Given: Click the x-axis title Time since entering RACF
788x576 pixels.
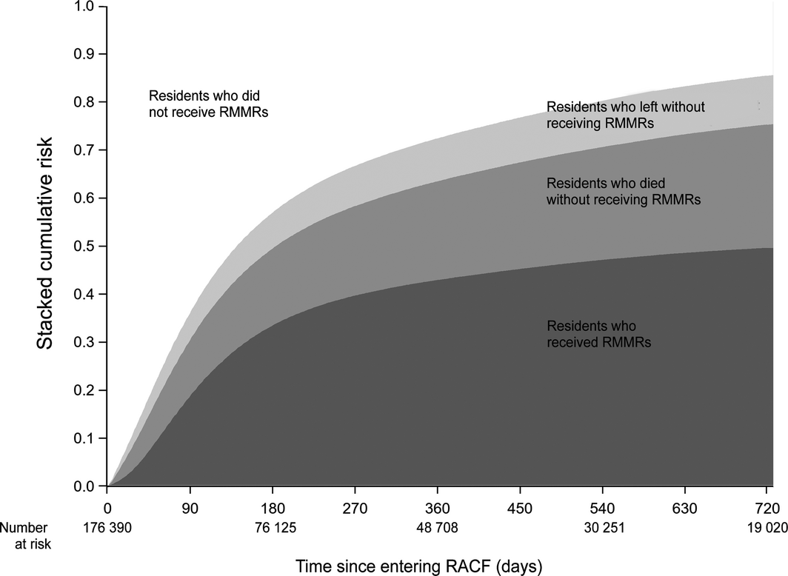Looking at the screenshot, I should point(420,566).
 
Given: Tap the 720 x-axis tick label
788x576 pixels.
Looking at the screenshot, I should point(767,509).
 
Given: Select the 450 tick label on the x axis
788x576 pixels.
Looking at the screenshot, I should point(520,509).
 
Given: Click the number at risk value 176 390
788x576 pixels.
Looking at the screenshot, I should point(108,528).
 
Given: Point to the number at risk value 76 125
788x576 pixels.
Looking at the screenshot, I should point(273,528).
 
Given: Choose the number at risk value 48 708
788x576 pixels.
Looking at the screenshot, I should point(438,528).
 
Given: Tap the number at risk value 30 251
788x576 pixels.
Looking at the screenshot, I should point(602,528).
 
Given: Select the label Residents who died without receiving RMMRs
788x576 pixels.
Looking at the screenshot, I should point(623,190).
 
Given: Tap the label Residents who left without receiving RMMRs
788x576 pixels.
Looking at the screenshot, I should point(626,115).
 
